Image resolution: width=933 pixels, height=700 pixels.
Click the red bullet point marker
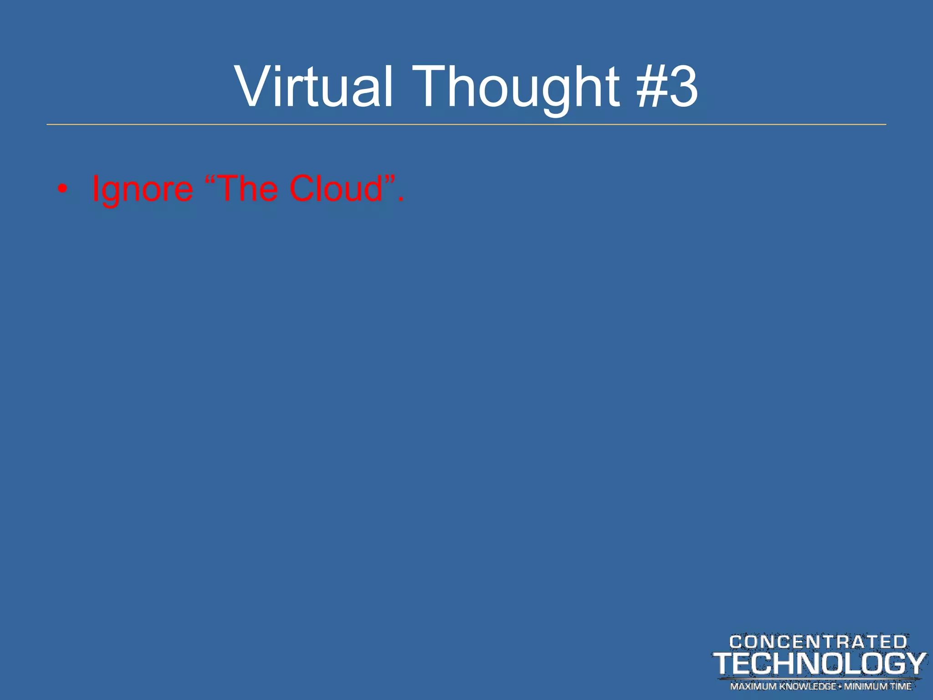click(x=62, y=189)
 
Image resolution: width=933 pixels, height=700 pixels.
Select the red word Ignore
click(x=143, y=189)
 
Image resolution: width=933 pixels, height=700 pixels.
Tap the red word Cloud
click(x=336, y=188)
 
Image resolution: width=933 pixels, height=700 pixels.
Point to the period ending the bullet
click(x=400, y=199)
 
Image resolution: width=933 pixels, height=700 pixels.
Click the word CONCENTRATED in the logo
click(x=818, y=642)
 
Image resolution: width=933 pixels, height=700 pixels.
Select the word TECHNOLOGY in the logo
click(x=819, y=664)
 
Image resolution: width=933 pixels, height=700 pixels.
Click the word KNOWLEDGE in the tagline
click(x=808, y=686)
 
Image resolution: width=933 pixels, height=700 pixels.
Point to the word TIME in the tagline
click(x=901, y=686)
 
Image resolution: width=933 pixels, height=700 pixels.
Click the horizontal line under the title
click(x=466, y=124)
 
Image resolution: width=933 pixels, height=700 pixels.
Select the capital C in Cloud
click(x=303, y=188)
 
